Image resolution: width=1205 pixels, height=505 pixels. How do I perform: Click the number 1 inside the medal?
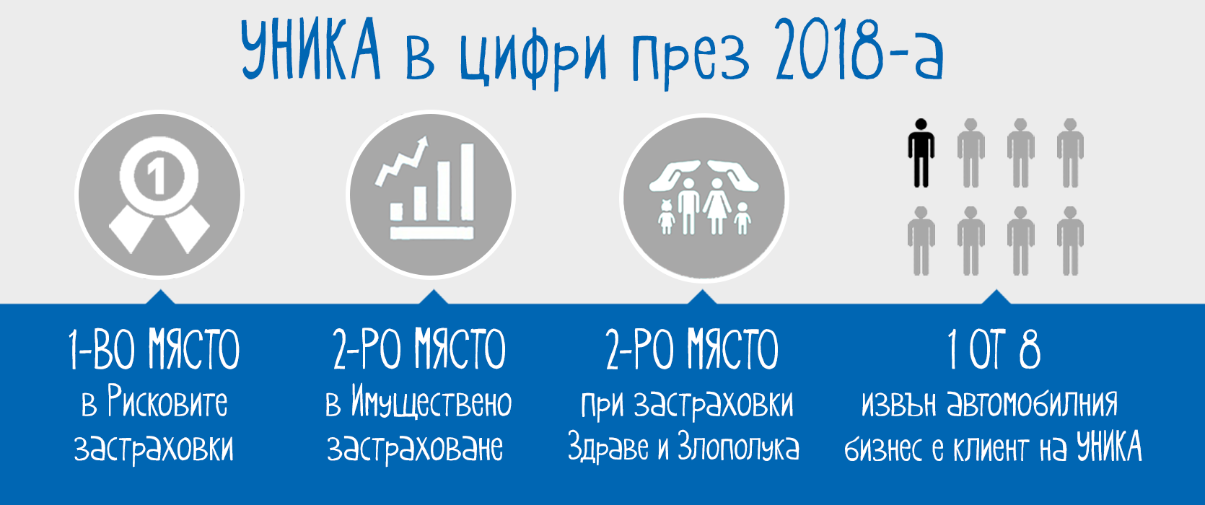tap(157, 177)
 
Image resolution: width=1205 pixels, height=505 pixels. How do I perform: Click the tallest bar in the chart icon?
tap(467, 182)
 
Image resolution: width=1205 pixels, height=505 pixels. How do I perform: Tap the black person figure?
tap(921, 153)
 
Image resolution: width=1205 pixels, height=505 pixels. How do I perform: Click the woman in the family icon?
tap(717, 206)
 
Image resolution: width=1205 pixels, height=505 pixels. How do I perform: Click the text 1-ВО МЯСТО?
tap(154, 349)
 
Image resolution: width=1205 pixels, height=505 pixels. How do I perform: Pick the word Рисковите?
tap(167, 401)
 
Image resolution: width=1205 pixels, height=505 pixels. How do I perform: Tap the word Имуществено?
tap(431, 403)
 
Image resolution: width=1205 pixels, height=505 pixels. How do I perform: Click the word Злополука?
tap(738, 447)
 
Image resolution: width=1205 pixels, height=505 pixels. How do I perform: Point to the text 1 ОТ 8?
tap(994, 349)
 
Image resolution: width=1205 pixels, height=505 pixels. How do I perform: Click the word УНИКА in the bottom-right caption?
tap(1109, 447)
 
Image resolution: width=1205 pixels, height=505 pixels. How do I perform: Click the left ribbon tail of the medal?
tap(131, 229)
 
